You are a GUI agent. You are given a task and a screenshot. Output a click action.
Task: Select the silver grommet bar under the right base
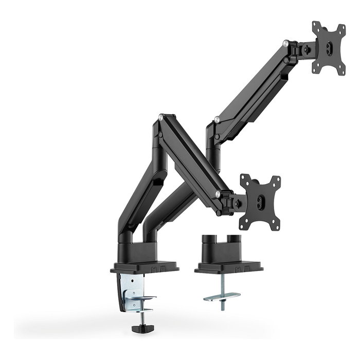pos(222,297)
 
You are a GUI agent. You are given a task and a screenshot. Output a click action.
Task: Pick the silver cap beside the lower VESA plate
pos(220,194)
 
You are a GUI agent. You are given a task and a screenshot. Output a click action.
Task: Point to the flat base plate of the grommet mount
pos(228,267)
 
